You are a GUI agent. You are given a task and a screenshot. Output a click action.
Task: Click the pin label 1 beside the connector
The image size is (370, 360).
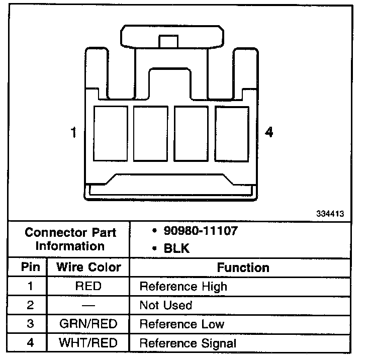click(74, 133)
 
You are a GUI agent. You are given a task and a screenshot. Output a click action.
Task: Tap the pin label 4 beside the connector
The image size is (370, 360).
click(269, 133)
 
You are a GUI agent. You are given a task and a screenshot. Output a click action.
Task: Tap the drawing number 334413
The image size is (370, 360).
click(330, 213)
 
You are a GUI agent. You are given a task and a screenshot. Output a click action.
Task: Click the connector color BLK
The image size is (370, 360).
click(177, 248)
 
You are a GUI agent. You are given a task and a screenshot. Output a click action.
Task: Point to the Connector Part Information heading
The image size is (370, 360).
click(70, 239)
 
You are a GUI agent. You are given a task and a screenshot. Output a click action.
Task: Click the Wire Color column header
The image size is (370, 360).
click(88, 267)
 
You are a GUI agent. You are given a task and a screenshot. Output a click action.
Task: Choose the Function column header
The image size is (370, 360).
click(243, 267)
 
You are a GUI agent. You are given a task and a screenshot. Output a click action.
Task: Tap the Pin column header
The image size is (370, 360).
click(30, 267)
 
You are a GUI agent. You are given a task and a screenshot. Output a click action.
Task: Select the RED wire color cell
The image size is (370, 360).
click(88, 287)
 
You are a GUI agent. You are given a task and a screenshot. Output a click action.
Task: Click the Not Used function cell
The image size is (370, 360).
click(166, 305)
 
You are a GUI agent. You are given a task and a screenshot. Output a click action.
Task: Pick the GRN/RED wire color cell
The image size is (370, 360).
click(88, 324)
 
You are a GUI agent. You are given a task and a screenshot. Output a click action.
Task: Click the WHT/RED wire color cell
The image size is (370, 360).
click(88, 343)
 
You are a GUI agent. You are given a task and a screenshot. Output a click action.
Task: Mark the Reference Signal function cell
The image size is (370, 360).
click(188, 344)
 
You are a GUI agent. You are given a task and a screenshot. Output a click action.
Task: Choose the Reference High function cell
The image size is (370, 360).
click(183, 287)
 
